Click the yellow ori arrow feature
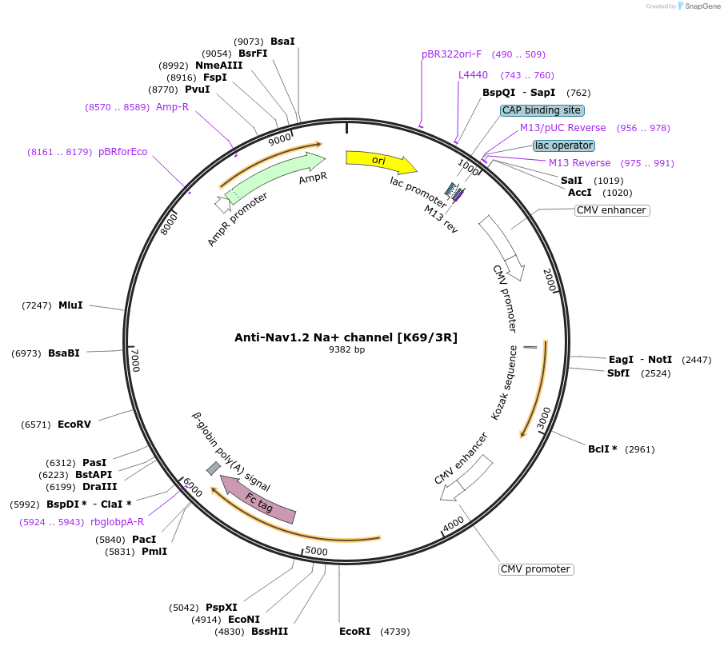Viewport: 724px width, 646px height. pyautogui.click(x=379, y=161)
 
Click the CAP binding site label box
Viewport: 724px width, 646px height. pyautogui.click(x=542, y=110)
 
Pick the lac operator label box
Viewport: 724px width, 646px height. pyautogui.click(x=564, y=146)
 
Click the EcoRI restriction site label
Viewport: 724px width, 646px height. pyautogui.click(x=354, y=631)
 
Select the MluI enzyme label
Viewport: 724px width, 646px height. pyautogui.click(x=70, y=305)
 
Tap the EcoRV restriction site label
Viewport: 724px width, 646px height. pyautogui.click(x=74, y=424)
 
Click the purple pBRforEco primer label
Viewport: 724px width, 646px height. pyautogui.click(x=123, y=151)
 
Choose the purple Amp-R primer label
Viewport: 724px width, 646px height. pyautogui.click(x=172, y=106)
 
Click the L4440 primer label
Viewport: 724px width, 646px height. pyautogui.click(x=473, y=75)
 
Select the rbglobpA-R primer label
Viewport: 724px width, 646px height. pyautogui.click(x=118, y=521)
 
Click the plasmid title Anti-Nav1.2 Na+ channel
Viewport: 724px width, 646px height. pyautogui.click(x=346, y=337)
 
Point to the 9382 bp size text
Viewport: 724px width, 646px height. pyautogui.click(x=346, y=349)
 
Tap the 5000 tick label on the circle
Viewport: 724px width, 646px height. pyautogui.click(x=317, y=551)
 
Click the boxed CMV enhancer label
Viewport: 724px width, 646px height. pyautogui.click(x=611, y=210)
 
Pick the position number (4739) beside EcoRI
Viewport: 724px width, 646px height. pyautogui.click(x=394, y=631)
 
